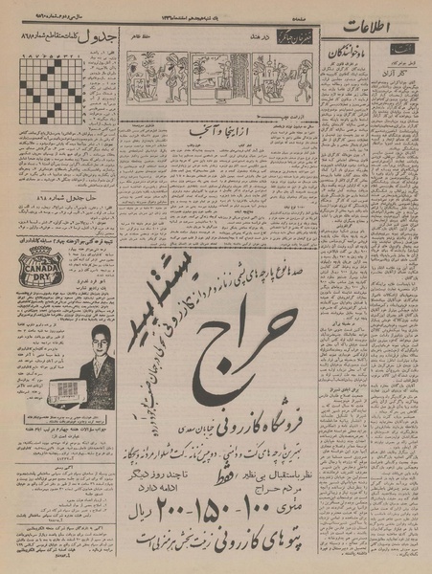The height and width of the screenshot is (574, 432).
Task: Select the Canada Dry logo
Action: click(39, 259)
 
